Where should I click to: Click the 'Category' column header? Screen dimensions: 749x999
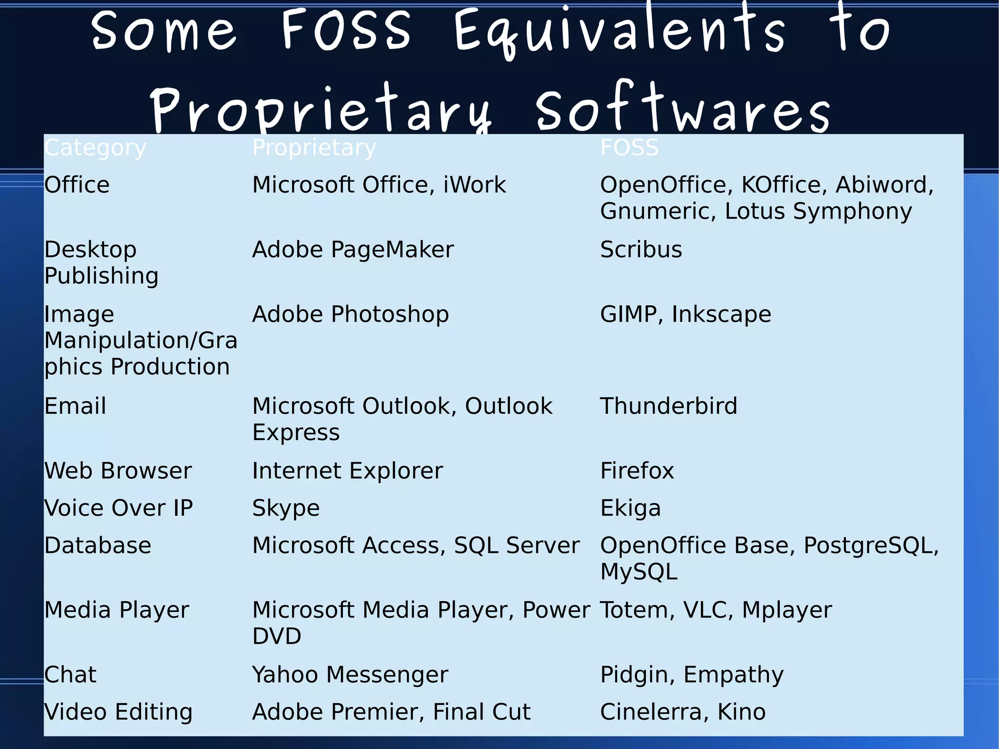click(95, 148)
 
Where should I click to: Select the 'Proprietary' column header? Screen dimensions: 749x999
click(314, 148)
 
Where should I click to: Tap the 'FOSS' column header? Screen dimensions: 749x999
click(629, 148)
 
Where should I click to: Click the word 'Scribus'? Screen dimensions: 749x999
click(641, 250)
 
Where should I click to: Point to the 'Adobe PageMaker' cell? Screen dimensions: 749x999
click(353, 250)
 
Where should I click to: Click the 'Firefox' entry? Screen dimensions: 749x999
click(637, 471)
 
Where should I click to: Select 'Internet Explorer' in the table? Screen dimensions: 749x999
click(347, 471)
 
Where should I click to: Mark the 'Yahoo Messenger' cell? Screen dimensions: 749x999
click(350, 675)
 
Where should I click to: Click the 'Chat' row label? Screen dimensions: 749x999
click(70, 675)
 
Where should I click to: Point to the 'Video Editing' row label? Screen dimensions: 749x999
click(119, 712)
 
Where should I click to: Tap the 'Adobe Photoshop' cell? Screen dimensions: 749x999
click(350, 314)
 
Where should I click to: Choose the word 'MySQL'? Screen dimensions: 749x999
click(639, 572)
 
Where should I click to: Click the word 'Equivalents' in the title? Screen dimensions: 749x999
click(619, 32)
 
